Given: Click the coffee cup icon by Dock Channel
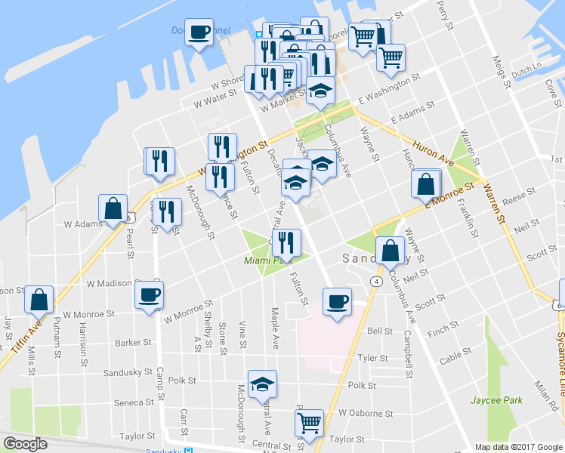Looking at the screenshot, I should point(199,32).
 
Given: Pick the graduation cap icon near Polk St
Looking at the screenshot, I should point(262,384).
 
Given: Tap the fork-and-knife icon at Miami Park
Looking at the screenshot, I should point(286,242).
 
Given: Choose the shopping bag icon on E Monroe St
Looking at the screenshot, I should point(426,183).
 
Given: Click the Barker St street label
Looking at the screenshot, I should point(135,343).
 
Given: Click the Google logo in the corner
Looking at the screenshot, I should point(25,444).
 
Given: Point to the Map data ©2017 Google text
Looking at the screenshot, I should point(517,447).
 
